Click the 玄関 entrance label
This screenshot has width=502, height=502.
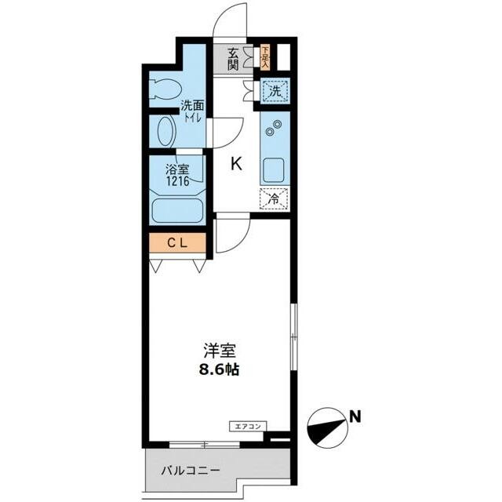coord(234,59)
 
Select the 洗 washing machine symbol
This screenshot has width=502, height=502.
coord(275,91)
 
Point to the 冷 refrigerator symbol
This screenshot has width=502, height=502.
coord(275,198)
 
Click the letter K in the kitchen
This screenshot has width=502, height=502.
coord(235,164)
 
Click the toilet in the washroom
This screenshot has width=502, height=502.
coord(164,89)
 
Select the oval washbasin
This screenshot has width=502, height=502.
coord(166,131)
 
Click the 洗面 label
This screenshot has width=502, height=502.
coord(192,104)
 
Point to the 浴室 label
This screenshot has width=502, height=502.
coord(176,168)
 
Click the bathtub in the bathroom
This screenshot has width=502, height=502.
coord(177,211)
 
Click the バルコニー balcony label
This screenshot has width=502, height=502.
coord(191,471)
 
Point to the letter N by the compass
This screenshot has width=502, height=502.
coord(355,417)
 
